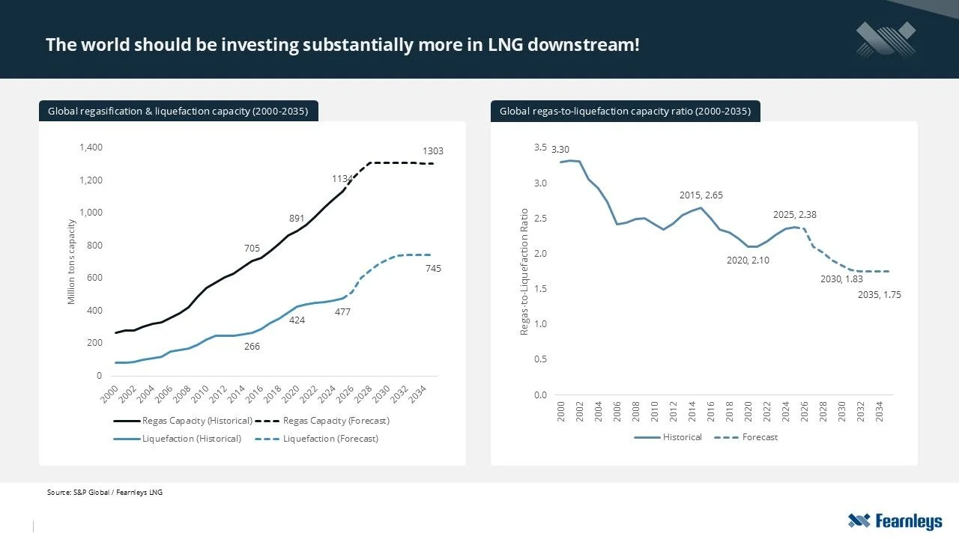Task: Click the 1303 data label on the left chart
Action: (x=433, y=151)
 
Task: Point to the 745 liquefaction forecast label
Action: (x=433, y=268)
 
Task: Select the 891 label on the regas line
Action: (x=297, y=219)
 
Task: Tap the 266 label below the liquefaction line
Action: (x=252, y=347)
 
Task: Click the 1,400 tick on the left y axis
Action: (x=91, y=147)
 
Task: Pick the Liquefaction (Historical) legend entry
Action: (x=192, y=439)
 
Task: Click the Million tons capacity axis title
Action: (x=72, y=261)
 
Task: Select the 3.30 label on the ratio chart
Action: (x=560, y=150)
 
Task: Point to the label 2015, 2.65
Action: (x=701, y=195)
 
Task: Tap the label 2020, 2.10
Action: (x=748, y=261)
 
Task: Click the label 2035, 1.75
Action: (x=879, y=295)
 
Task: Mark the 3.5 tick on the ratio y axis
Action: (x=541, y=147)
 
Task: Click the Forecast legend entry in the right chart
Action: (x=760, y=437)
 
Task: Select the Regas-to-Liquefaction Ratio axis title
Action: (x=524, y=271)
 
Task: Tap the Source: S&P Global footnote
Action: (x=104, y=493)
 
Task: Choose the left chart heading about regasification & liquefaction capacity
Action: (x=178, y=112)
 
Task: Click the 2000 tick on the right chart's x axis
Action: (x=561, y=411)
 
